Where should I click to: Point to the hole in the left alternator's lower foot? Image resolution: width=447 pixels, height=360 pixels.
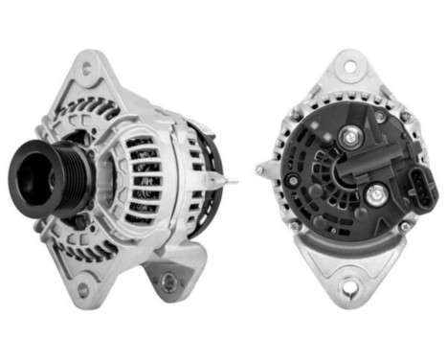(x=168, y=281)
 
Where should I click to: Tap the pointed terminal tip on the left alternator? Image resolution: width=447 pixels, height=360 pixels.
(x=235, y=179)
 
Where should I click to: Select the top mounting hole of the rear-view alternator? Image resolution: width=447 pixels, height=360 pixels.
(x=350, y=70)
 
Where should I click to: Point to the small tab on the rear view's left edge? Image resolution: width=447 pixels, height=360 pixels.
(x=261, y=170)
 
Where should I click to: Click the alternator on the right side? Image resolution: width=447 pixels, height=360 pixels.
(x=349, y=177)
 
